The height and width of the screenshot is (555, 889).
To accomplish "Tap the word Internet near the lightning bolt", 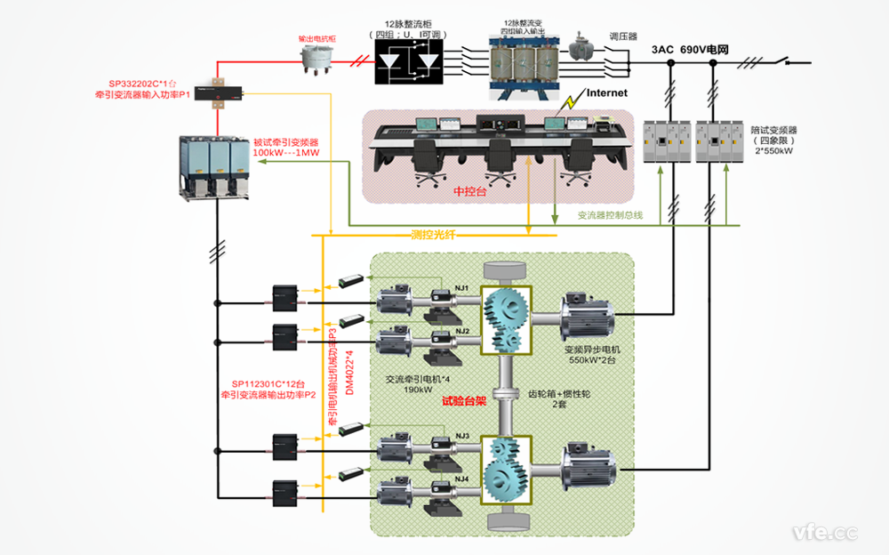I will [606, 92].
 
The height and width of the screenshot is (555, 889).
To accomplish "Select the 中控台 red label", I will [471, 190].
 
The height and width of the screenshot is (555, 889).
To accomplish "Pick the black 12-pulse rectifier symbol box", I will [409, 63].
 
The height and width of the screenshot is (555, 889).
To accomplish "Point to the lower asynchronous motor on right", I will [588, 468].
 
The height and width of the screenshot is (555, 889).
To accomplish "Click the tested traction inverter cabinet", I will [213, 166].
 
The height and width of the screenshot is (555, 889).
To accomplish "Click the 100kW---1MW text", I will [284, 153].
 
